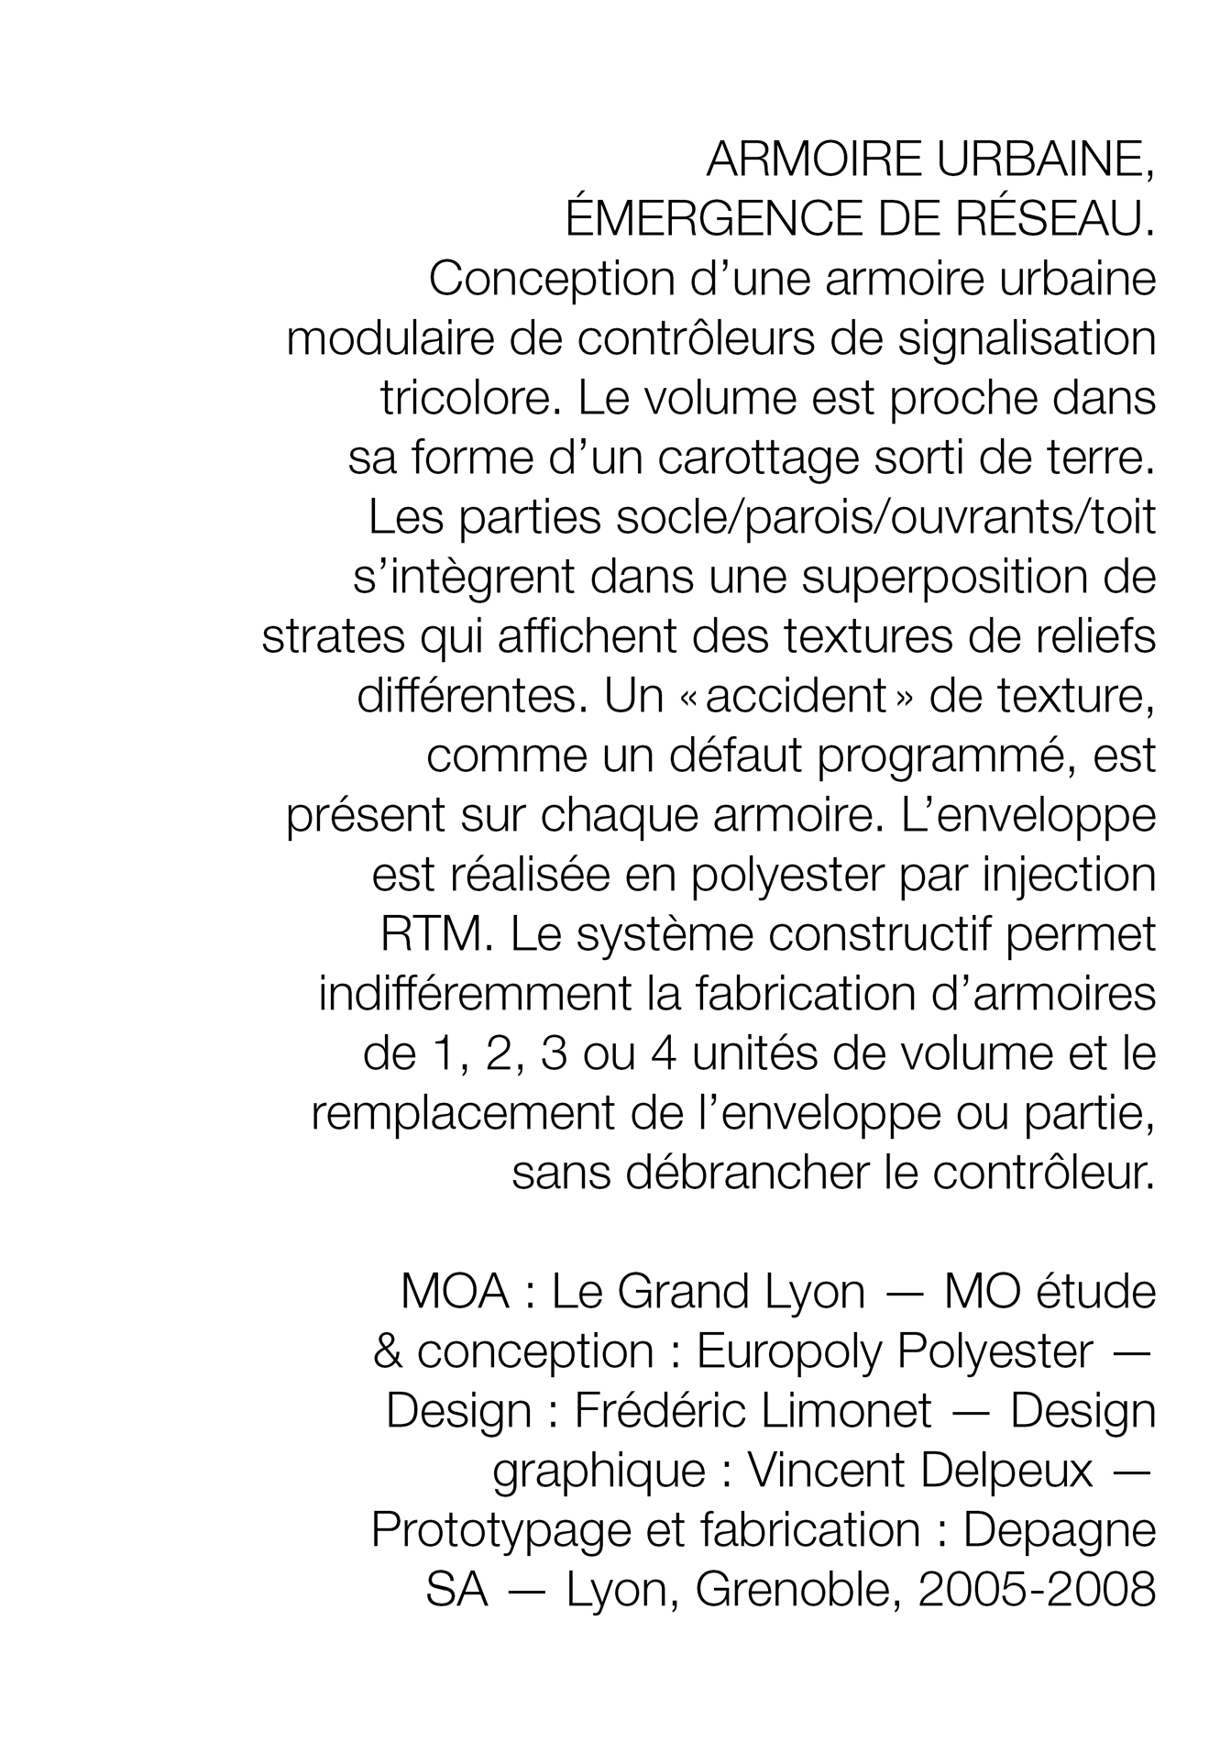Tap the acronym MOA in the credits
click(455, 1292)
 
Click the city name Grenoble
click(793, 1590)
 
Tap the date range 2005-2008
click(1037, 1590)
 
